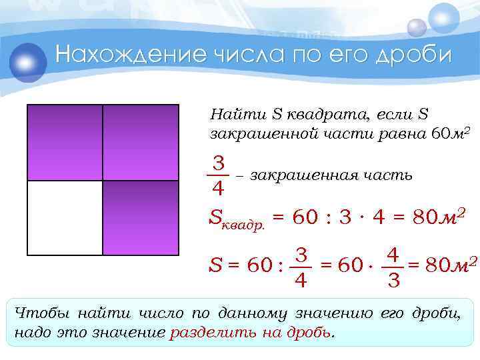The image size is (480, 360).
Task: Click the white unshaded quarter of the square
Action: click(64, 218)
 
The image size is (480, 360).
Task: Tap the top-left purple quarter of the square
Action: click(64, 142)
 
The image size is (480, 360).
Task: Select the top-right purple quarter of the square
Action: click(141, 142)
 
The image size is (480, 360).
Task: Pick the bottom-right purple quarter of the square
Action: click(141, 218)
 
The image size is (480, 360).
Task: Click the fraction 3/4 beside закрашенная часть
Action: click(218, 175)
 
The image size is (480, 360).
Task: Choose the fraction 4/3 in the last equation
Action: click(393, 268)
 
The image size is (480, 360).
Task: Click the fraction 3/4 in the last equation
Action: click(301, 268)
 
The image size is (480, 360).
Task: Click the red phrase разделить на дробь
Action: click(252, 332)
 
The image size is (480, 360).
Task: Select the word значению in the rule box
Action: click(336, 313)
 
